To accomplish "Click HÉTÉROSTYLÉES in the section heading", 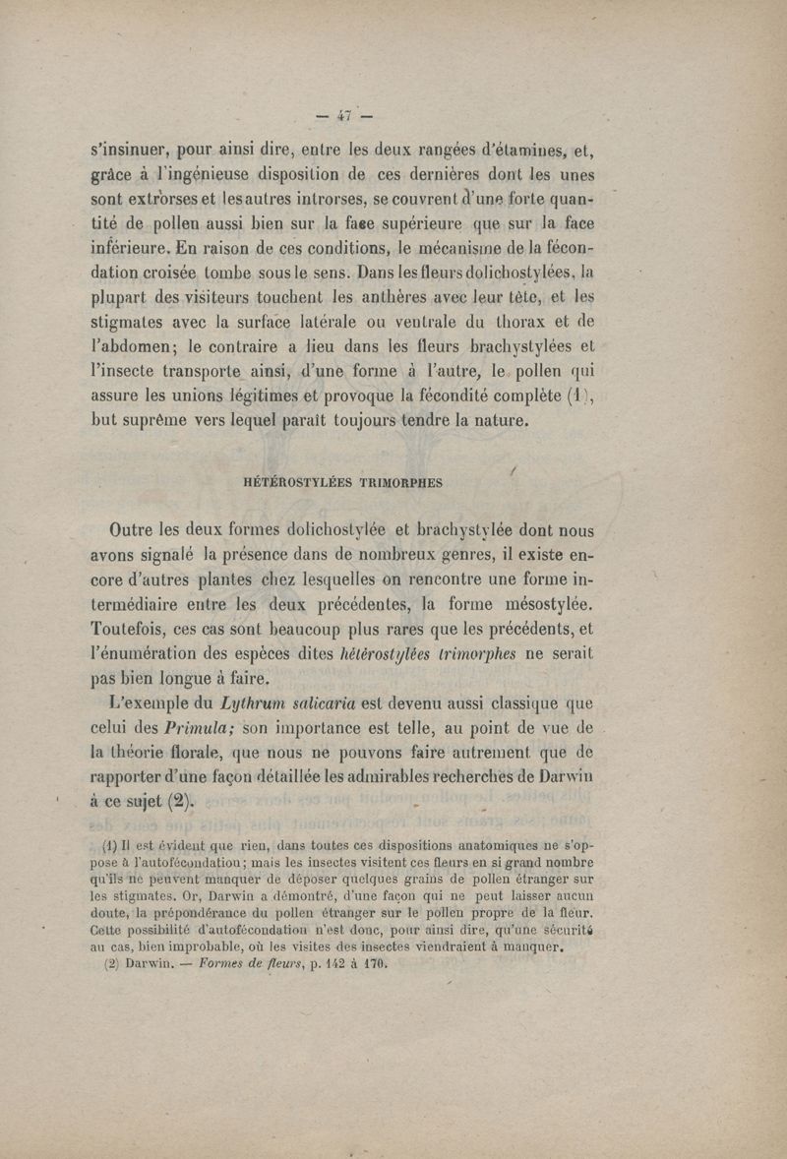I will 290,483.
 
